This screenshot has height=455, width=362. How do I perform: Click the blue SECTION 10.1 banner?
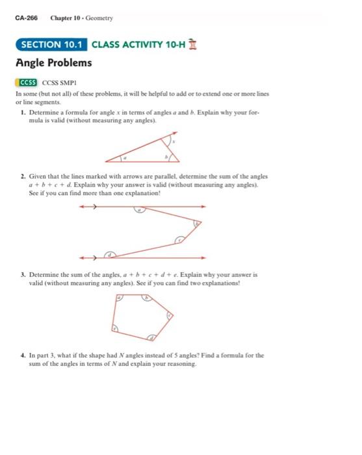[51, 45]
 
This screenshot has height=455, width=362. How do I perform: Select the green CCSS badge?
[27, 83]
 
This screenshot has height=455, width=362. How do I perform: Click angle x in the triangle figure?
[174, 141]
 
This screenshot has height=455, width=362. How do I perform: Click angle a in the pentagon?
[120, 298]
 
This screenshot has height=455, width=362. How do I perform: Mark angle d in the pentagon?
[151, 338]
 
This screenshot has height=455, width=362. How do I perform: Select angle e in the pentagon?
[116, 329]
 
